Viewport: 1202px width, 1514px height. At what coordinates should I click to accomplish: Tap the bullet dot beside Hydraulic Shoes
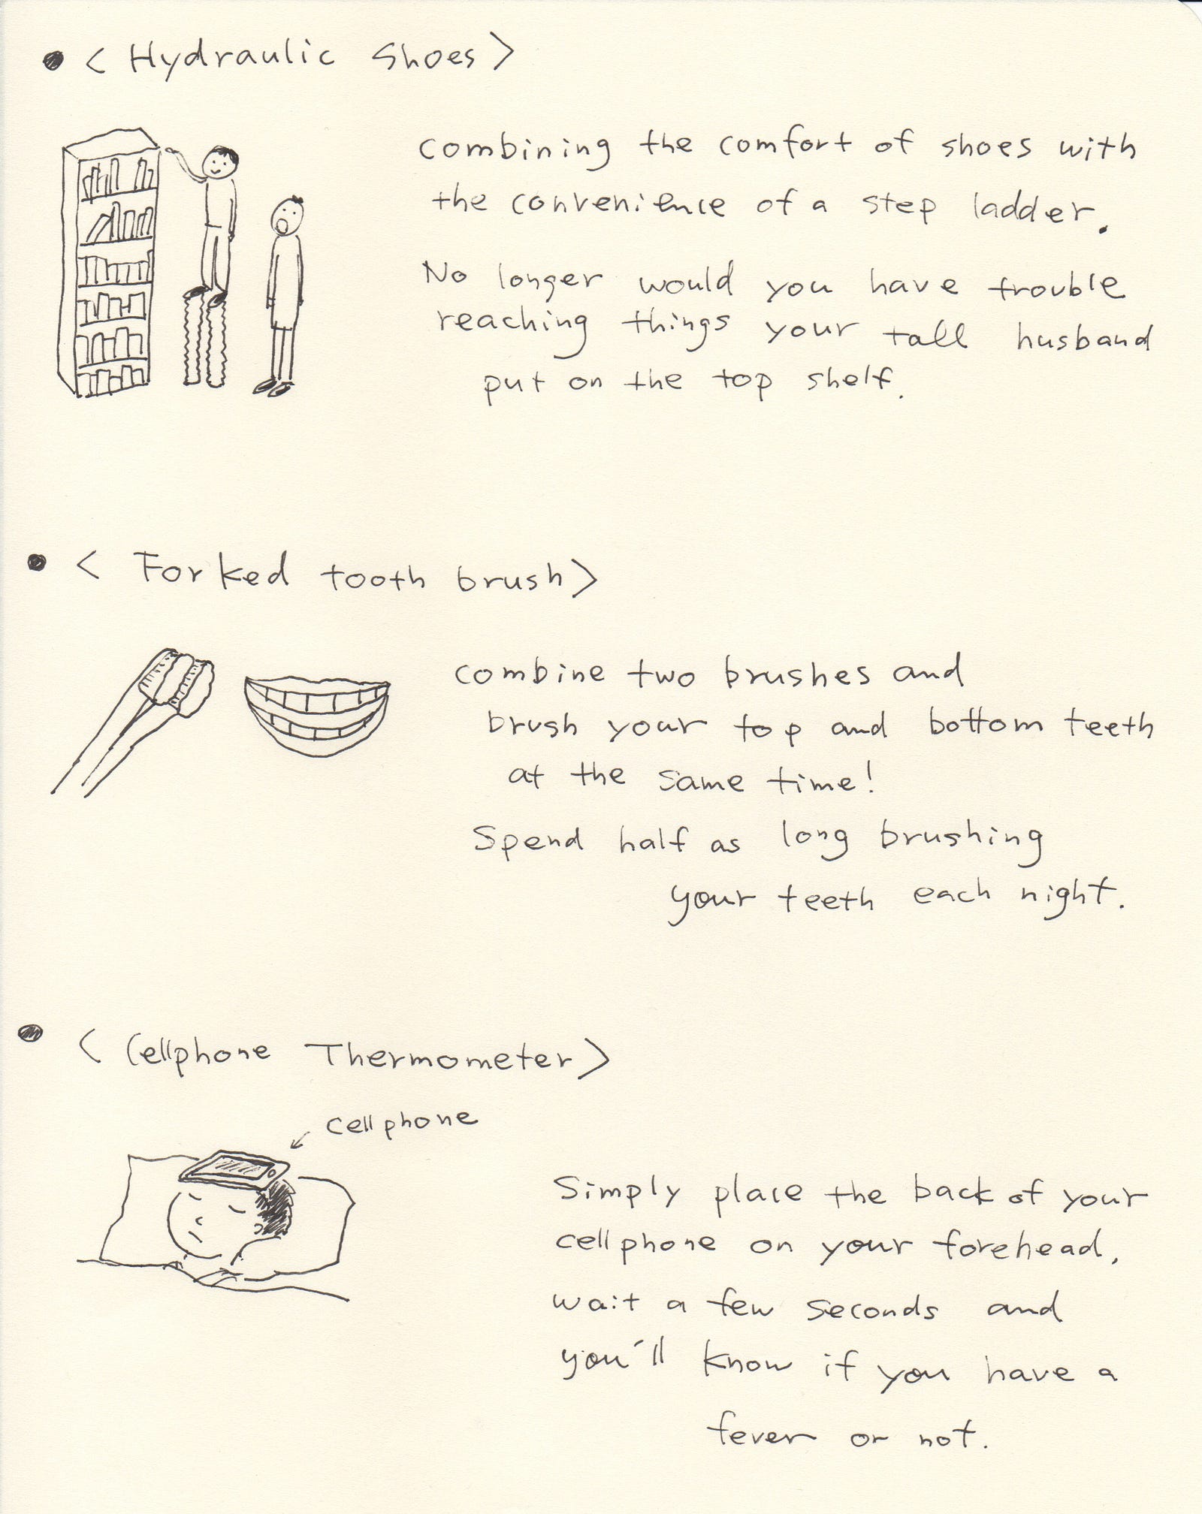pos(53,62)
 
